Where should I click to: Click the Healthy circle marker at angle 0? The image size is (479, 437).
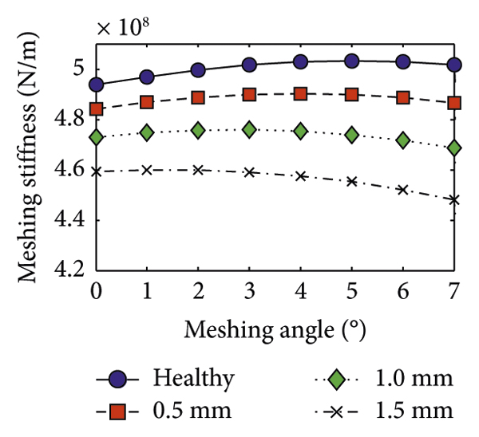[x=97, y=85]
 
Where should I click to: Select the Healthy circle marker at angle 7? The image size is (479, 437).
[x=454, y=65]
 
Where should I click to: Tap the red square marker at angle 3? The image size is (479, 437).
[x=249, y=95]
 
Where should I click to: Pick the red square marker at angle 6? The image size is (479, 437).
[x=403, y=97]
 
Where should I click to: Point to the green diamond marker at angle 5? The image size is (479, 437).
[x=352, y=136]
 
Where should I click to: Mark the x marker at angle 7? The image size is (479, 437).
[x=454, y=200]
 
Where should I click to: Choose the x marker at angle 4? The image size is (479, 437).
[x=301, y=175]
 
